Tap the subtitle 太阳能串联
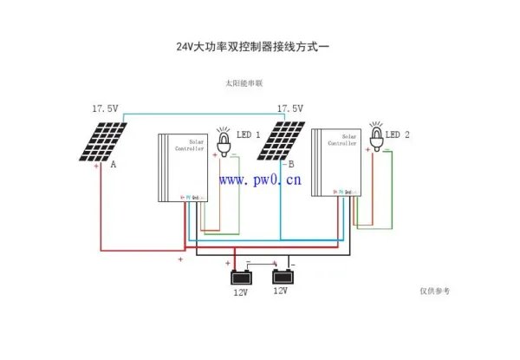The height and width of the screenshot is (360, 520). click(x=244, y=84)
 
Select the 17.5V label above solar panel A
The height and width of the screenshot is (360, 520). click(x=105, y=109)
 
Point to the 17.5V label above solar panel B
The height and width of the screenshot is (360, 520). click(x=289, y=109)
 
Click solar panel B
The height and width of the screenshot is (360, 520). click(x=282, y=141)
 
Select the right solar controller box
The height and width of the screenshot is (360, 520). click(x=336, y=161)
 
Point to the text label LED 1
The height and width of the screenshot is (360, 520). click(x=249, y=135)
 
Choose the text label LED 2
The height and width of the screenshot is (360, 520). click(x=398, y=134)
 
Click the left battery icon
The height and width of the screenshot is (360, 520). click(x=240, y=278)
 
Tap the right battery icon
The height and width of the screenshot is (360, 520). click(x=283, y=278)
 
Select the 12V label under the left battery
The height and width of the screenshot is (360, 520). click(x=240, y=293)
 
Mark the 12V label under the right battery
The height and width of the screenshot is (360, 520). click(x=280, y=291)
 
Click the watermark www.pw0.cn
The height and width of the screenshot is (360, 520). click(x=260, y=180)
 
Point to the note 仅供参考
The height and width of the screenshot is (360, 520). click(x=435, y=291)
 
